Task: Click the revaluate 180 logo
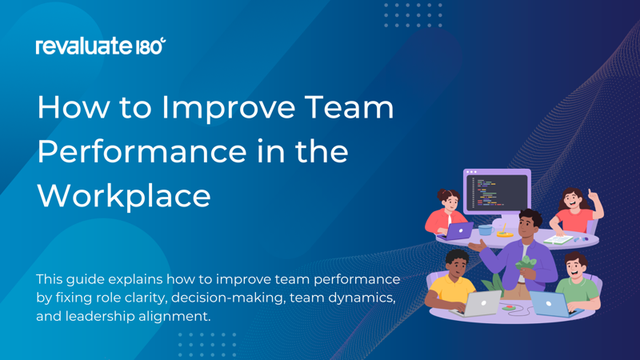(x=101, y=46)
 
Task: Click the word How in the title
(x=66, y=108)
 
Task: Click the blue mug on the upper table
(x=485, y=230)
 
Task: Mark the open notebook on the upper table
(x=558, y=238)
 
